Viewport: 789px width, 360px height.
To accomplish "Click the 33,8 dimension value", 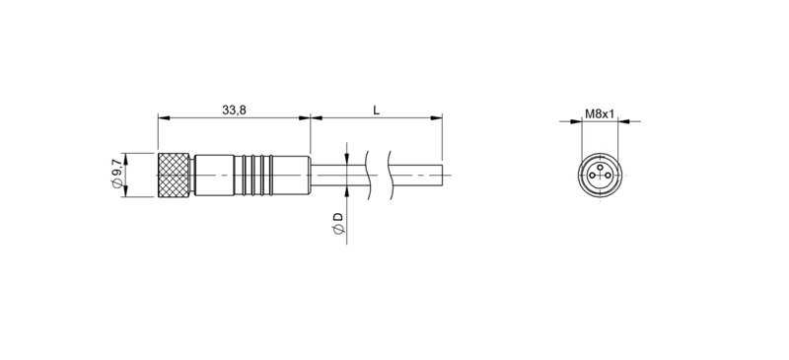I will click(234, 110).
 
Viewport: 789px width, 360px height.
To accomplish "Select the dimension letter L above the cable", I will click(376, 110).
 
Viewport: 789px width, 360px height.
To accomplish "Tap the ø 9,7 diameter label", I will click(116, 175).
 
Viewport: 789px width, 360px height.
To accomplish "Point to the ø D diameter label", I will click(337, 222).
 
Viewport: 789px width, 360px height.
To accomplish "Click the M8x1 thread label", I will click(600, 113).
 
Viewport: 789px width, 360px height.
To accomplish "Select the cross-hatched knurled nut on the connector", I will click(176, 176).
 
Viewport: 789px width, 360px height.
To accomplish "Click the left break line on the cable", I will click(369, 176).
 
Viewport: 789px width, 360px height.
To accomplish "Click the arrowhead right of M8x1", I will click(621, 122).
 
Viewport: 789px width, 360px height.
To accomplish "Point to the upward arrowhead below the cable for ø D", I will click(347, 190).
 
